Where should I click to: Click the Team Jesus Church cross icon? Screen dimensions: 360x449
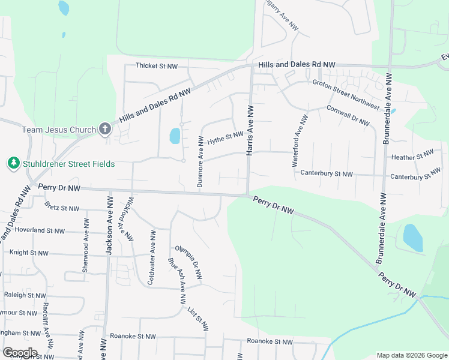[x=105, y=129]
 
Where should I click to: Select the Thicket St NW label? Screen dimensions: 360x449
[x=157, y=65]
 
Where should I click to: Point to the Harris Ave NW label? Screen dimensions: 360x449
[x=250, y=130]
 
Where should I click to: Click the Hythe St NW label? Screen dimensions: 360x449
[x=225, y=139]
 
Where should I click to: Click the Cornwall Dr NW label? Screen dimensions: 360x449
[x=349, y=115]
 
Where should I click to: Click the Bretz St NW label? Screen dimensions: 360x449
[x=62, y=208]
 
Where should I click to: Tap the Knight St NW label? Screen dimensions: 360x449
[x=29, y=253]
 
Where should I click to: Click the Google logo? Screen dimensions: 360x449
[x=20, y=352]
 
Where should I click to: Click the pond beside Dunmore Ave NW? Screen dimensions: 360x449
[x=175, y=136]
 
